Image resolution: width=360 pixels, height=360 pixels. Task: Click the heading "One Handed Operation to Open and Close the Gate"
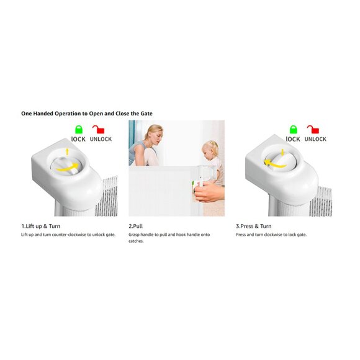tap(87, 114)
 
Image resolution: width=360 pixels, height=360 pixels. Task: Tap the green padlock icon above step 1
tap(79, 130)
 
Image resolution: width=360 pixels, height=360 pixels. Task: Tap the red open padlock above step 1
tap(99, 130)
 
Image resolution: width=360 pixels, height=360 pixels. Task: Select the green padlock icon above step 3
tap(294, 130)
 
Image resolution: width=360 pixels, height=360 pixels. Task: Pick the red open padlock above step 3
tap(313, 130)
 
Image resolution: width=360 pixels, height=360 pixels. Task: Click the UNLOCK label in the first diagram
tap(101, 139)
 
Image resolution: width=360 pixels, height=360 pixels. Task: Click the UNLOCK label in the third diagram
tap(315, 139)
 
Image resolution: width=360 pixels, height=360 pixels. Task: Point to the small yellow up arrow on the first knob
tap(67, 151)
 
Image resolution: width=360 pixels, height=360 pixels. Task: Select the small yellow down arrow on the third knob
tap(282, 152)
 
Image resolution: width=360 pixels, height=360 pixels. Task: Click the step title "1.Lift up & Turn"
tap(41, 226)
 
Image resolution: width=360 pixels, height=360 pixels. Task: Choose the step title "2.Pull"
tap(136, 226)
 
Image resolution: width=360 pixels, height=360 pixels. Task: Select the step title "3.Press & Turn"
tap(254, 226)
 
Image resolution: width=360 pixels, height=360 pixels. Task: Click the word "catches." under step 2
tap(136, 241)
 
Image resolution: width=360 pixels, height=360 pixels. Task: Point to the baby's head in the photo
tap(210, 151)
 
